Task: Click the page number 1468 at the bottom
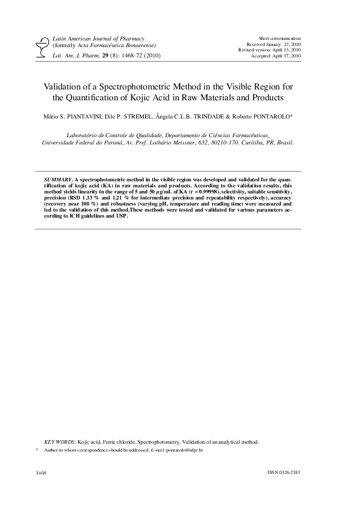pyautogui.click(x=42, y=471)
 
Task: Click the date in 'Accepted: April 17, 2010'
pyautogui.click(x=287, y=56)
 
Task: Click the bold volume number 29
pyautogui.click(x=89, y=55)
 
